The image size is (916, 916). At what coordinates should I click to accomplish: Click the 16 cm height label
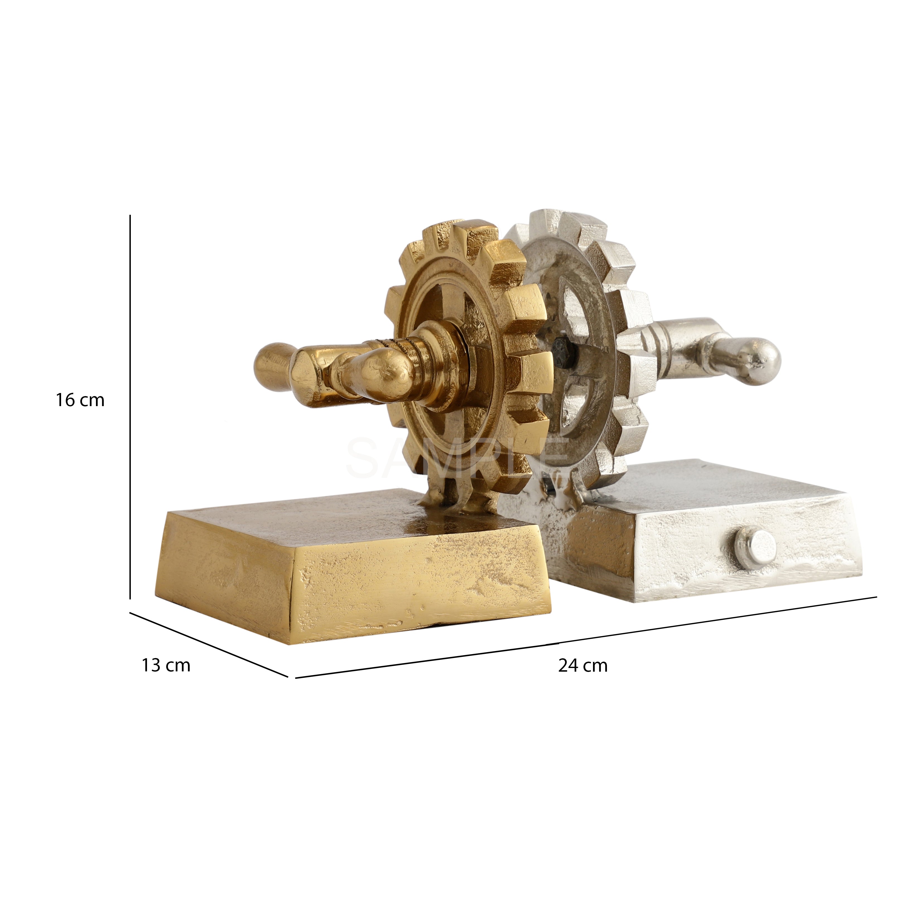click(80, 400)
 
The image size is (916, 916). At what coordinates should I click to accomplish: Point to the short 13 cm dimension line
click(209, 645)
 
